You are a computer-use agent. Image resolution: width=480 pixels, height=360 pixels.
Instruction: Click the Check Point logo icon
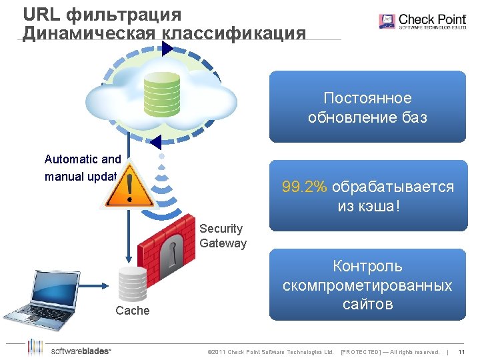click(x=387, y=21)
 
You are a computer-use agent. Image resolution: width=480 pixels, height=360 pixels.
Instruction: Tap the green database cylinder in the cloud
click(x=162, y=93)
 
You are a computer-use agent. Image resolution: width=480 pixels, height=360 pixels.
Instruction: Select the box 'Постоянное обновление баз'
click(x=367, y=107)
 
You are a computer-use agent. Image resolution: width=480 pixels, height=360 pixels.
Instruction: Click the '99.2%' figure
click(x=305, y=187)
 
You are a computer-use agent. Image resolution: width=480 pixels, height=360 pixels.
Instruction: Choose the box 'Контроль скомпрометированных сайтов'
click(x=367, y=285)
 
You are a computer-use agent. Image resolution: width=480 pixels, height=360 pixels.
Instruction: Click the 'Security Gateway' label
click(x=223, y=236)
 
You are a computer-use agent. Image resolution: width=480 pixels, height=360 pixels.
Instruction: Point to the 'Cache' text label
click(x=133, y=311)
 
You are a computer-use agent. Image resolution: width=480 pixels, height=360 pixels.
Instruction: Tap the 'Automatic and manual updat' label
click(x=82, y=168)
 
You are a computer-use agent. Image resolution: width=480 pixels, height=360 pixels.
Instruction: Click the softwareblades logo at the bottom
click(x=70, y=350)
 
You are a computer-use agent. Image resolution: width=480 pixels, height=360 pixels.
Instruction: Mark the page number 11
click(x=461, y=351)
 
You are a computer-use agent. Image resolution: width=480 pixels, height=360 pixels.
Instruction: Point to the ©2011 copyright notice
click(x=270, y=351)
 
